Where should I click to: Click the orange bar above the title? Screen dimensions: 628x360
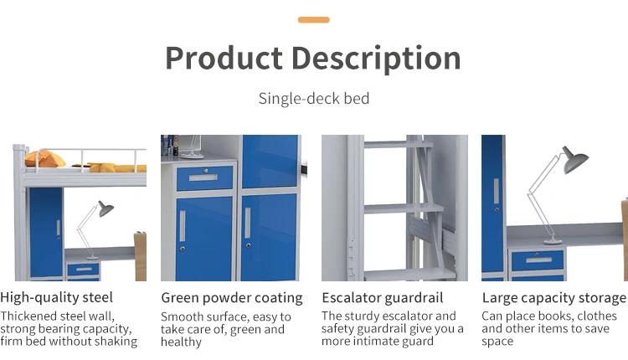(x=314, y=19)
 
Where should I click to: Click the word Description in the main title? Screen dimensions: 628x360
(x=376, y=59)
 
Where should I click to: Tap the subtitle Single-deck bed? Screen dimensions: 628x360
(x=314, y=99)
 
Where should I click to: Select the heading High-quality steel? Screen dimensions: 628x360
(x=56, y=297)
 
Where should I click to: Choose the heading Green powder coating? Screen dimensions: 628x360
(x=232, y=298)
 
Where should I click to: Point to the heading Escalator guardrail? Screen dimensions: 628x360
(x=383, y=297)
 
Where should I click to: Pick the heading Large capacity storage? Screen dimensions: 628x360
(x=554, y=298)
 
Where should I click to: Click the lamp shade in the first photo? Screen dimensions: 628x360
(x=106, y=209)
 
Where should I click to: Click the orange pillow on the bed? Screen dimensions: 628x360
(x=45, y=158)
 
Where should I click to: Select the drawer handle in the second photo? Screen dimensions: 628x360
(x=203, y=177)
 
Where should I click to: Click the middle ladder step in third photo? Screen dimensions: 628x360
(x=404, y=208)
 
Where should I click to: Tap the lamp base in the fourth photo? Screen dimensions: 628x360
(x=553, y=240)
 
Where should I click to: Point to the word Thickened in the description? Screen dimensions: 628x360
(x=28, y=316)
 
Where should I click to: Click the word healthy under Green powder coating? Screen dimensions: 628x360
(x=181, y=342)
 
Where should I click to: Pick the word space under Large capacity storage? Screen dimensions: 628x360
(x=497, y=342)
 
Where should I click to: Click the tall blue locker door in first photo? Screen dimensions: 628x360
(x=46, y=232)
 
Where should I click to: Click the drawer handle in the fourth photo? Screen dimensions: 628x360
(x=538, y=260)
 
